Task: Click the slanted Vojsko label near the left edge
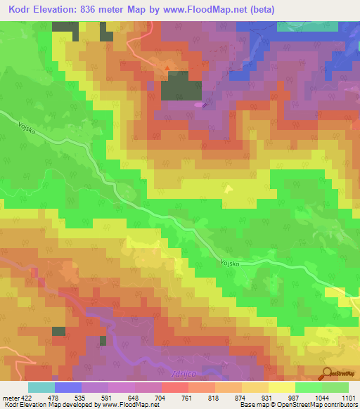click(29, 129)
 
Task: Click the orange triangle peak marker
click(167, 68)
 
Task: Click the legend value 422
click(25, 398)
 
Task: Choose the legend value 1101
click(348, 398)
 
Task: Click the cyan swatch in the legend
click(41, 387)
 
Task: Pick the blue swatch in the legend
click(68, 387)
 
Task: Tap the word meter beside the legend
click(10, 398)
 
